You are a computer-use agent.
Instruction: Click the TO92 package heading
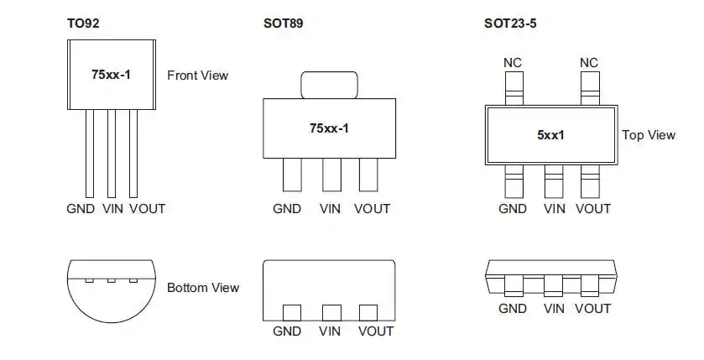(x=83, y=23)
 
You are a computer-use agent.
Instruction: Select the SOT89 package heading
(x=284, y=23)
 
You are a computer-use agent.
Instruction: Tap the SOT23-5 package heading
(x=510, y=23)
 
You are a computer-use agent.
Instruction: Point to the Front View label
(x=197, y=76)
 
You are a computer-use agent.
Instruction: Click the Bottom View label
(x=203, y=288)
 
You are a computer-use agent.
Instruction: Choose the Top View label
(x=649, y=135)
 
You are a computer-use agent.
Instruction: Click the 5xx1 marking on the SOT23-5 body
(x=551, y=135)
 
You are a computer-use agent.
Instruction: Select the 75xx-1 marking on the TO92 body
(x=112, y=75)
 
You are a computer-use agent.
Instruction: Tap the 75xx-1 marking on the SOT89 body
(x=329, y=128)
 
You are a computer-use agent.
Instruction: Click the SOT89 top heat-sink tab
(x=329, y=85)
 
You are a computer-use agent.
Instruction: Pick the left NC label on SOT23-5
(x=513, y=63)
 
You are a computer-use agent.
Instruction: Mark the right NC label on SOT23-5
(x=589, y=63)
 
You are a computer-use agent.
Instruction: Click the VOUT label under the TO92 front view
(x=148, y=209)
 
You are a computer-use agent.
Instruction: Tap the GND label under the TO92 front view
(x=81, y=209)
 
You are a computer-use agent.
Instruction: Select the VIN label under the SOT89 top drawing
(x=330, y=209)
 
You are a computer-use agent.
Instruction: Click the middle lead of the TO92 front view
(x=112, y=154)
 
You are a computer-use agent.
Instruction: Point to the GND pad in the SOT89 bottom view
(x=292, y=313)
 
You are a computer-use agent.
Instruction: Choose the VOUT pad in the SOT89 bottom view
(x=368, y=313)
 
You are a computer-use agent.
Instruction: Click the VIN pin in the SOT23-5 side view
(x=553, y=286)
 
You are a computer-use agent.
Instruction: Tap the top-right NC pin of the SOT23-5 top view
(x=590, y=88)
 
